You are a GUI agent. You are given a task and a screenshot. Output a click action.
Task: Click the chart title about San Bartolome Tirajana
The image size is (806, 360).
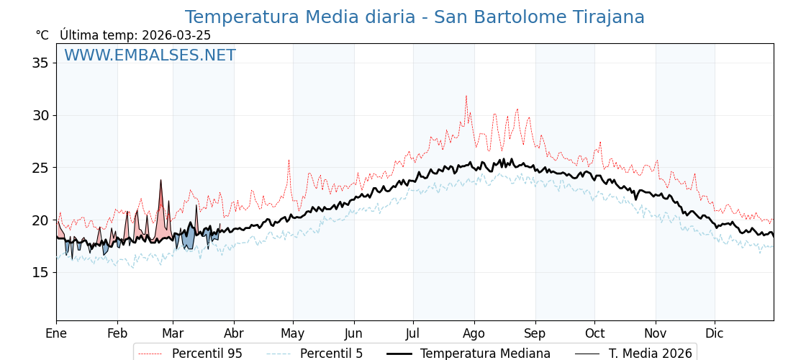click(x=415, y=17)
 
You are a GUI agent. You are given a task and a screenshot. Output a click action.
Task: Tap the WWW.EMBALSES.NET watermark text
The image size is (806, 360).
click(x=150, y=55)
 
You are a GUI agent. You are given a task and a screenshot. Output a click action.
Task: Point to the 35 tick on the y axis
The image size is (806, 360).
click(x=40, y=63)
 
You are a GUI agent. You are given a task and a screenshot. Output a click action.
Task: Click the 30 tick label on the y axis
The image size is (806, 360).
click(x=40, y=115)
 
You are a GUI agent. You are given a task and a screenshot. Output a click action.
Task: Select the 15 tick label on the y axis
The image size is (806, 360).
click(x=40, y=272)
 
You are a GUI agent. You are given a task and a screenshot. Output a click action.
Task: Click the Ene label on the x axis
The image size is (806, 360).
click(x=56, y=333)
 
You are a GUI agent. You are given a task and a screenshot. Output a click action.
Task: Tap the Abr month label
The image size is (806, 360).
click(x=234, y=333)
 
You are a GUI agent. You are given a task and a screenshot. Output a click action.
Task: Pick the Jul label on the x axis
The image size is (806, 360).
click(x=413, y=333)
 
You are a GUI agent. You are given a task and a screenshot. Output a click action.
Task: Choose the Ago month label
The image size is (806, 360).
click(x=474, y=333)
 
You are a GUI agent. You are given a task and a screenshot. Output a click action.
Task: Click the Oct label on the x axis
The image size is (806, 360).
click(x=594, y=333)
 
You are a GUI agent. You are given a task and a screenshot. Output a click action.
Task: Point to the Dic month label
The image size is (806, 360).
click(x=715, y=333)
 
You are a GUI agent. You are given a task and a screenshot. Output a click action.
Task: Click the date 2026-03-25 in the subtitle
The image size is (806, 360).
click(x=176, y=35)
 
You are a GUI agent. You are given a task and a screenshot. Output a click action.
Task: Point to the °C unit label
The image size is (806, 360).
click(x=42, y=35)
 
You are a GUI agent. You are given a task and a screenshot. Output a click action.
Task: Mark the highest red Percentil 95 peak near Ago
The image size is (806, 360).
click(x=466, y=96)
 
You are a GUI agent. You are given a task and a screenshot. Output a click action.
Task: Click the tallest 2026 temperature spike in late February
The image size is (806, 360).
click(x=161, y=180)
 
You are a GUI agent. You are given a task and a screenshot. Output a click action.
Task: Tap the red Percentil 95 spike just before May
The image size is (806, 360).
click(x=289, y=161)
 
